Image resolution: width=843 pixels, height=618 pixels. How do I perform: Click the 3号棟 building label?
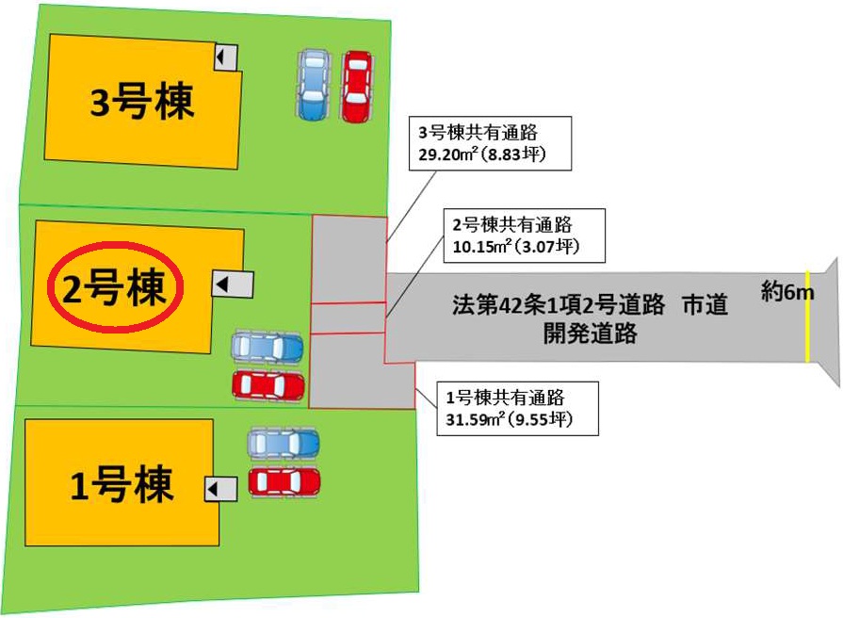pos(141,101)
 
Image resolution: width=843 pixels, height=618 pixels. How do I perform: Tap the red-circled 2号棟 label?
pos(115,287)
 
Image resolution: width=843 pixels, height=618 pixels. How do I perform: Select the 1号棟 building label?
pos(122,484)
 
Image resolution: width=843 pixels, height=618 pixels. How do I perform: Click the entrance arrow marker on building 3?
pos(226,56)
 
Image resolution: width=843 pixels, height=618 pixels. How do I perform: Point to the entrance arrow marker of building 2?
pos(233,284)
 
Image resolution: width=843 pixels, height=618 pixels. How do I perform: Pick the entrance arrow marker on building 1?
pos(220,490)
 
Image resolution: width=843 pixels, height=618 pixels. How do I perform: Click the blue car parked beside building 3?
pos(314,85)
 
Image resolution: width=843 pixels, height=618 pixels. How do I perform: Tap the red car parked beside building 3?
pos(357,86)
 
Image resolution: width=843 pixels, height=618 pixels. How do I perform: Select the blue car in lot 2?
pos(267,348)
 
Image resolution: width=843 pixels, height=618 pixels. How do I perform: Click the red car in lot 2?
pos(268,385)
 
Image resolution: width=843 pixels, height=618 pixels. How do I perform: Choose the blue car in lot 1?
pos(284,444)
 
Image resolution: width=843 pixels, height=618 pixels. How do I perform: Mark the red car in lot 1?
pos(284,481)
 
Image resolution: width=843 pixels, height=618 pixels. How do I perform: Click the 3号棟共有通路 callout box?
pos(490,143)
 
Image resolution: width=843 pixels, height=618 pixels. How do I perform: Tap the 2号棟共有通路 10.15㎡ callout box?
pos(525,236)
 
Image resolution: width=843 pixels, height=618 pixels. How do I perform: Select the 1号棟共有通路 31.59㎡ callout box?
pos(517,408)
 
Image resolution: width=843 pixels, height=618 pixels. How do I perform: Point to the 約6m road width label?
pos(787,292)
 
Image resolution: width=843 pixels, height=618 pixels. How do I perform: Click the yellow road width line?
pos(806,317)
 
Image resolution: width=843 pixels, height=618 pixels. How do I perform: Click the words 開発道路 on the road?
pos(590,333)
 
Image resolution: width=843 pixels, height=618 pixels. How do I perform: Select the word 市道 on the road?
pos(705,305)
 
